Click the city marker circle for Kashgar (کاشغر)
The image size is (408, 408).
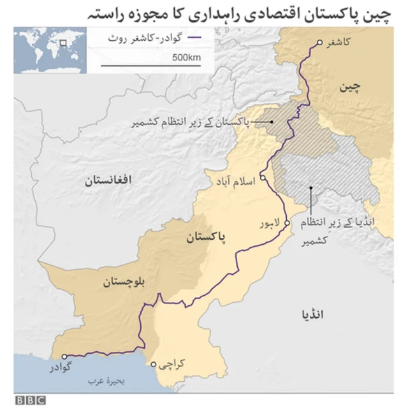pos(319,43)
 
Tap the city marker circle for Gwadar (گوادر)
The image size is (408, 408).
pos(64,356)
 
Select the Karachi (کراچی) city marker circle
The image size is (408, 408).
pos(153,365)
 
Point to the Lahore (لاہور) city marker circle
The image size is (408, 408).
pos(287,222)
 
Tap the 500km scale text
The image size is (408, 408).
pos(186,59)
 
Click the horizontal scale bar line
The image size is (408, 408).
pos(151,66)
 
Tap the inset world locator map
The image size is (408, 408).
pos(49,49)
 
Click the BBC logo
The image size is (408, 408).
pos(31,400)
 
